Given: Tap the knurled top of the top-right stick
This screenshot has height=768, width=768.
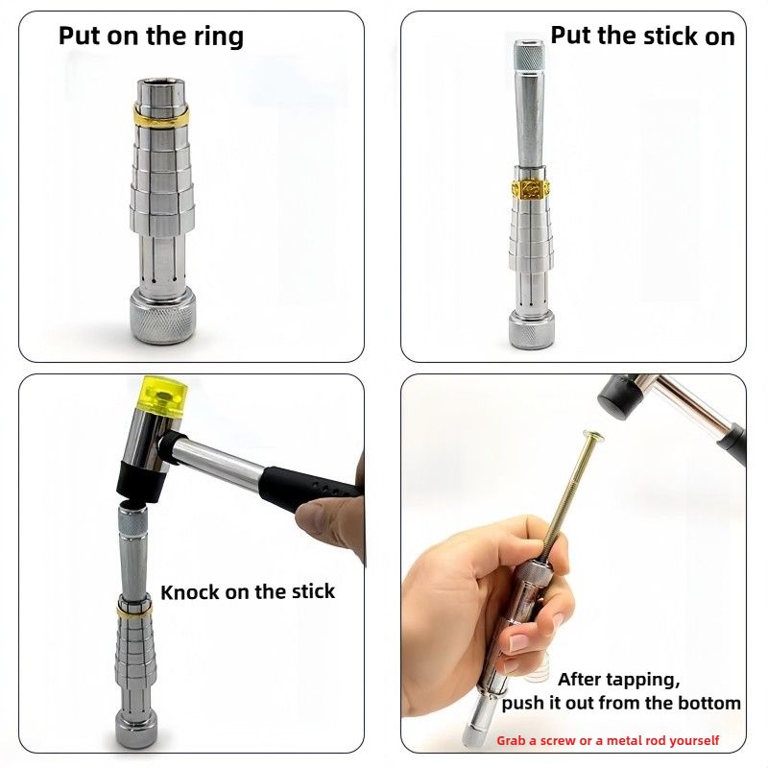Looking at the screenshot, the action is pos(529,56).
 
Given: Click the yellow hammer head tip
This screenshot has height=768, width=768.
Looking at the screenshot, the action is pos(164,396).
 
